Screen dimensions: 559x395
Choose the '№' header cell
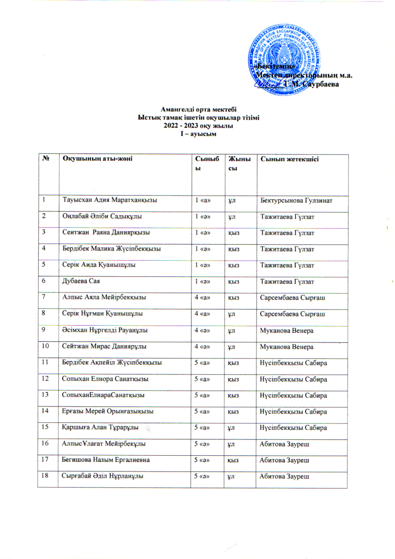point(43,158)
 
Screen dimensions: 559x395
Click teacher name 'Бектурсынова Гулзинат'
point(302,199)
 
